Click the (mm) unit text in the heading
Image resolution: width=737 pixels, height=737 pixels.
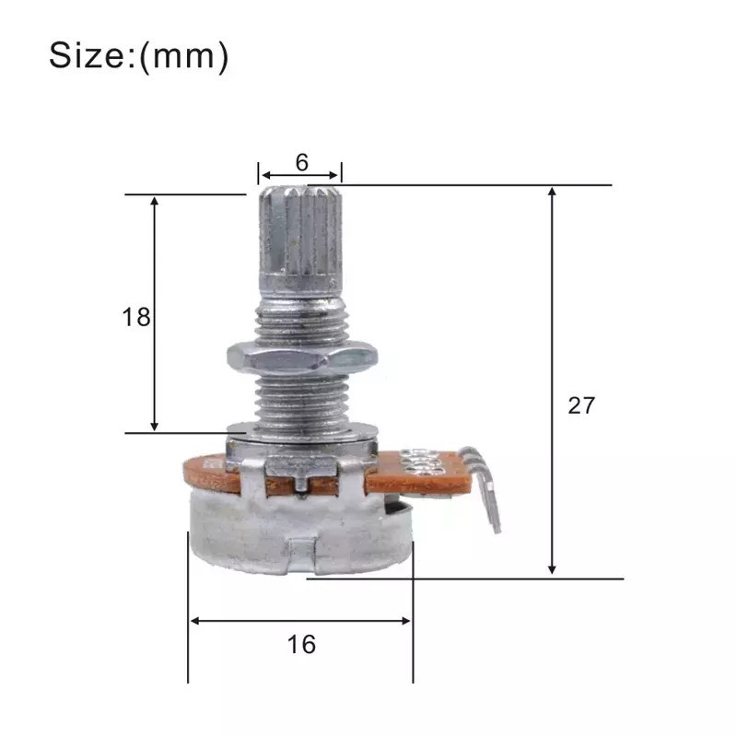pos(183,56)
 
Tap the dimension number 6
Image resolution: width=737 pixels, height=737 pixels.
pos(301,162)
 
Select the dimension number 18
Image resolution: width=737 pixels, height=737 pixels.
pos(135,318)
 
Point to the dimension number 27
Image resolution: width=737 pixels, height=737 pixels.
pos(581,405)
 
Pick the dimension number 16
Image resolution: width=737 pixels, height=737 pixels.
pos(301,644)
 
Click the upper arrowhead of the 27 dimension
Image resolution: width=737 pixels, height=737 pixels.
pos(553,192)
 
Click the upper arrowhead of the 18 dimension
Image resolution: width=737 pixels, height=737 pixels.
pos(155,201)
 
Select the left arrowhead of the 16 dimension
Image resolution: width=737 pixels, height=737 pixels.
pos(194,621)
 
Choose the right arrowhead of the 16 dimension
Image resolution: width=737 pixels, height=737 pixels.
pos(405,621)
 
